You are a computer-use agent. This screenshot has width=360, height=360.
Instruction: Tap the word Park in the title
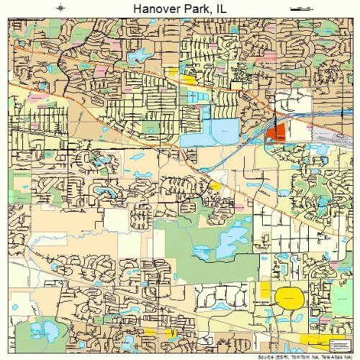pos(192,8)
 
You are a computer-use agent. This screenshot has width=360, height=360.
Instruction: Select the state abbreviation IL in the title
pos(222,8)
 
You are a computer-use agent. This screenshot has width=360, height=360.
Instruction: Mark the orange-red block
pos(276,133)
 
